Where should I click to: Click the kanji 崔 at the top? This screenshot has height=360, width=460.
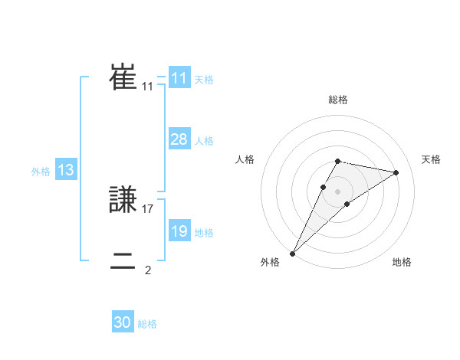(x=123, y=77)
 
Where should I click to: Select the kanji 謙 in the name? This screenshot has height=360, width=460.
(x=123, y=201)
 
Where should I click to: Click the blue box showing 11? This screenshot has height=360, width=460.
(x=179, y=78)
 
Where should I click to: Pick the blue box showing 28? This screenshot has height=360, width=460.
(x=179, y=139)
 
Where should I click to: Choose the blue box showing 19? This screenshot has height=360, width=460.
(x=179, y=231)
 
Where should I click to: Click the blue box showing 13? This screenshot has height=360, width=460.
(x=66, y=170)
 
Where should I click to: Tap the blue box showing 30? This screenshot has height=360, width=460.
(x=123, y=322)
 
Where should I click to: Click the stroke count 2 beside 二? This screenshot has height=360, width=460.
(x=147, y=270)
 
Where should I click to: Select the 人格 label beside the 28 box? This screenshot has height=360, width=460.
(x=204, y=141)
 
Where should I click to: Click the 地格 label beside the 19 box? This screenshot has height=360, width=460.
(x=204, y=233)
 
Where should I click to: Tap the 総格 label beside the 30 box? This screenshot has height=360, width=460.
(x=147, y=324)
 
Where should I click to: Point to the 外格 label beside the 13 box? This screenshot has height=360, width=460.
(x=41, y=172)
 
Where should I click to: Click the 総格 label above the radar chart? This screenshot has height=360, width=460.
(x=337, y=100)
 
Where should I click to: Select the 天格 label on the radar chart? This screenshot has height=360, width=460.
(x=431, y=159)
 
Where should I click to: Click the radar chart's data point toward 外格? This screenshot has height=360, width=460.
(x=292, y=254)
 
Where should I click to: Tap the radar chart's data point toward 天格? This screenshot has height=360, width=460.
(x=396, y=172)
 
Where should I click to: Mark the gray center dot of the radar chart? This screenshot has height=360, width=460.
(x=337, y=191)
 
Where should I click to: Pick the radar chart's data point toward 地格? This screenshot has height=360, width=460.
(x=347, y=204)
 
